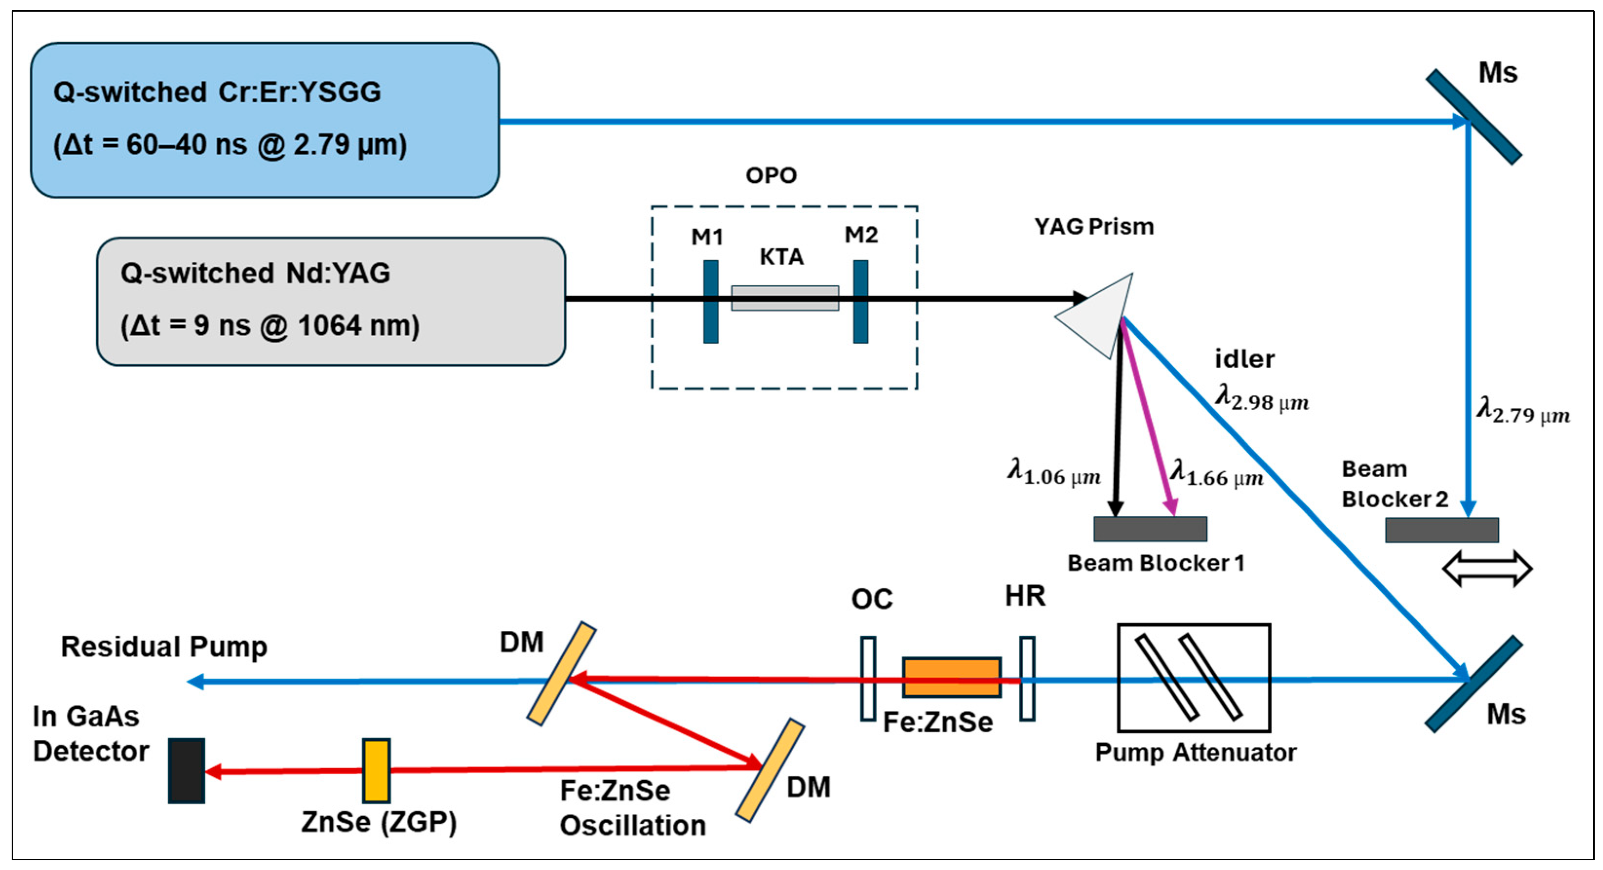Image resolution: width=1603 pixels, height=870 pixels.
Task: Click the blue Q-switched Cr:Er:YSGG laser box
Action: tap(265, 120)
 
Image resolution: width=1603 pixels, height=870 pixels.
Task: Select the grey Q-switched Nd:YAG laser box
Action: tap(330, 302)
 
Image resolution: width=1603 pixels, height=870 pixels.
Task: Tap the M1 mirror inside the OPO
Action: tap(711, 302)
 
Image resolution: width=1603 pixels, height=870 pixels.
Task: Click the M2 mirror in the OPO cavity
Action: tap(860, 302)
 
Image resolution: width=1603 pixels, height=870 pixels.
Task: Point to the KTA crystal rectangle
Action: tap(785, 298)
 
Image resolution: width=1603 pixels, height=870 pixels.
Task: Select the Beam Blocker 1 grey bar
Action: tap(1150, 529)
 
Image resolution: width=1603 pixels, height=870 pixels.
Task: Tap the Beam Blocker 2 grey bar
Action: tap(1441, 530)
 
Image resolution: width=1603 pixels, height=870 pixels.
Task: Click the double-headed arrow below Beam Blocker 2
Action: tap(1487, 568)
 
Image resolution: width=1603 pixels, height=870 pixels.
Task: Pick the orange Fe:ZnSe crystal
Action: tap(952, 677)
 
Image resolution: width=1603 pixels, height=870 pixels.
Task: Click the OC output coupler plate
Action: tap(868, 679)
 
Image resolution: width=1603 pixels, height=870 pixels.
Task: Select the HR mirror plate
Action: tap(1028, 679)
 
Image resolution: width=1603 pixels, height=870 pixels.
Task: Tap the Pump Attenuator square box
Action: tap(1194, 678)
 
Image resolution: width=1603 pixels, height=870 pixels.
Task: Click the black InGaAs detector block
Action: tap(187, 771)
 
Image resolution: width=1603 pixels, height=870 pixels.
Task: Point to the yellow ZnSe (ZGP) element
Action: tap(377, 771)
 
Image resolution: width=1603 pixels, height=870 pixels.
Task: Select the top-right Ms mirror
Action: tap(1473, 117)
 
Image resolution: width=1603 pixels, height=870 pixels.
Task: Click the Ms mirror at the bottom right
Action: tap(1473, 684)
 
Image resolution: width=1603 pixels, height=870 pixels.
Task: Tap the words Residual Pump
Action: tap(164, 647)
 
